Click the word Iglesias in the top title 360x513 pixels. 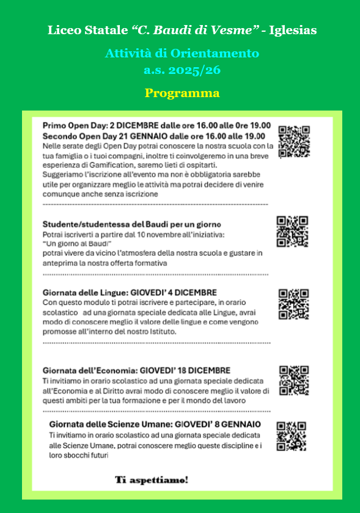click(x=296, y=30)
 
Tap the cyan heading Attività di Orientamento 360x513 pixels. click(x=182, y=53)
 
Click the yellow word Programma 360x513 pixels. click(x=182, y=93)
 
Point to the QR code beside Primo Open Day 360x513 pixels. click(x=294, y=142)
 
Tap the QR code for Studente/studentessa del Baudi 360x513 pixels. click(x=292, y=231)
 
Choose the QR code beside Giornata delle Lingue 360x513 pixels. click(x=293, y=304)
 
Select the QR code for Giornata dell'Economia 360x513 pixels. click(x=294, y=380)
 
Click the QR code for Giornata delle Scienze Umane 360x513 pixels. click(x=291, y=436)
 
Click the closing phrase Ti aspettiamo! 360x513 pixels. click(x=152, y=480)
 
